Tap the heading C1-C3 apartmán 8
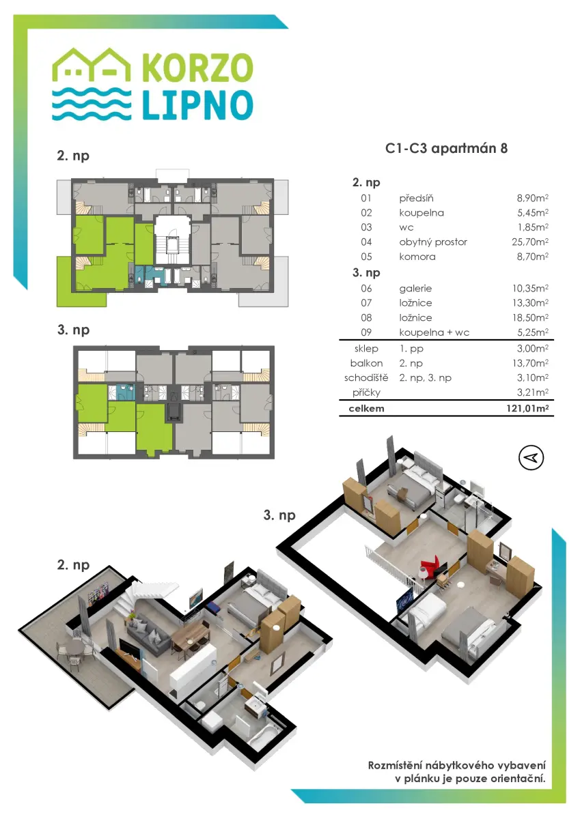[x=446, y=149]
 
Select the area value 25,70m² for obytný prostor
[x=530, y=242]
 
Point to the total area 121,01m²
[x=527, y=408]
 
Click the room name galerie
[x=415, y=289]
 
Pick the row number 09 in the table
[x=366, y=332]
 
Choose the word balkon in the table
[x=366, y=363]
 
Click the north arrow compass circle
[x=531, y=458]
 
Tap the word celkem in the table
[x=366, y=408]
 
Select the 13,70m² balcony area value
[x=532, y=363]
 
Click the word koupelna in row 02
[x=422, y=213]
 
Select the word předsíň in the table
[x=416, y=198]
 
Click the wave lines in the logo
[x=92, y=104]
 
